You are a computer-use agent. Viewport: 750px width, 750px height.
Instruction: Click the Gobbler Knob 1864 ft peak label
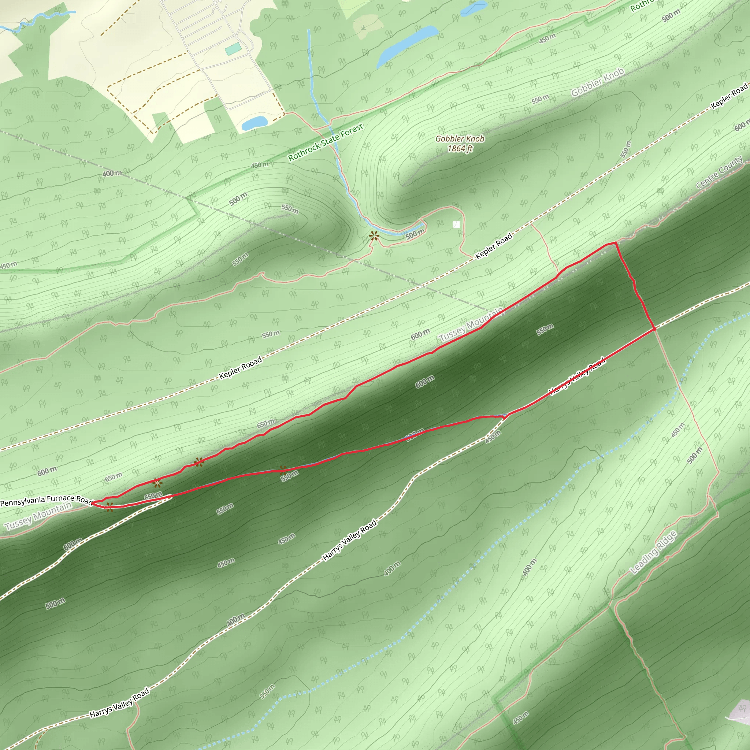coord(460,143)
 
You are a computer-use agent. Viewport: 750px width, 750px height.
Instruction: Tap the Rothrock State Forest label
coord(325,142)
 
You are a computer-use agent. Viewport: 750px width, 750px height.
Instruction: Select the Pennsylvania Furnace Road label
coord(46,500)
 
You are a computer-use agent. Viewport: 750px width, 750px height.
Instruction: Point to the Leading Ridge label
coord(654,552)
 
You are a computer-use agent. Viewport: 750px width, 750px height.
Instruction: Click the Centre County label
coord(719,172)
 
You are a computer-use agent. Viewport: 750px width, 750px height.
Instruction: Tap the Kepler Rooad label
coord(240,368)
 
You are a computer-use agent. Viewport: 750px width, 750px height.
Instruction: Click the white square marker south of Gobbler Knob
coord(457,224)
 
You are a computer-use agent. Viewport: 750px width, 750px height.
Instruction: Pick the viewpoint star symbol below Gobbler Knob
coord(374,235)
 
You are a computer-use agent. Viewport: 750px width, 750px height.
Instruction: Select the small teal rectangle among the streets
coord(233,49)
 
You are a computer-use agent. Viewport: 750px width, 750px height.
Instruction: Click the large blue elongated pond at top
coord(407,46)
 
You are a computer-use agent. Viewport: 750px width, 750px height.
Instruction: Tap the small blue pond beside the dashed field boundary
coord(254,123)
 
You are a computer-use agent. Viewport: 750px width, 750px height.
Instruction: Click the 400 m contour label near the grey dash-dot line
coord(112,174)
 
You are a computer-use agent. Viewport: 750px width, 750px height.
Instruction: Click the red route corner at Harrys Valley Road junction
coord(654,329)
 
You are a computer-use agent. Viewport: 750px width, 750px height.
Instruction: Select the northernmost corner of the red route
coord(615,243)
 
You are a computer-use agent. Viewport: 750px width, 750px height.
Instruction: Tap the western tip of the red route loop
coord(92,503)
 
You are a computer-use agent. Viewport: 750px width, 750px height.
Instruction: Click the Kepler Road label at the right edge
coord(729,96)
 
